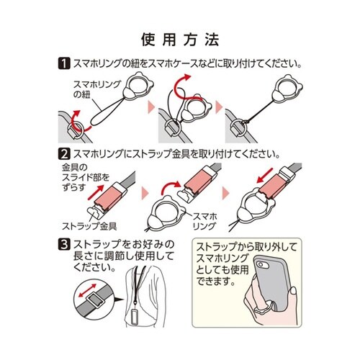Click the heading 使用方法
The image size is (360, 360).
pyautogui.click(x=180, y=40)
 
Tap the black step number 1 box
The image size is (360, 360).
pyautogui.click(x=64, y=63)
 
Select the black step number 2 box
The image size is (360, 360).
pyautogui.click(x=64, y=154)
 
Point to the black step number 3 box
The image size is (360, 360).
pyautogui.click(x=64, y=245)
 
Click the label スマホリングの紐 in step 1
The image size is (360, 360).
pyautogui.click(x=96, y=89)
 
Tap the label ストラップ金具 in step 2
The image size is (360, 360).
pyautogui.click(x=89, y=226)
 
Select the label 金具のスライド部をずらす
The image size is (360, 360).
pyautogui.click(x=86, y=177)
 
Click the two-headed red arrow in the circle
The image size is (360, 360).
pyautogui.click(x=88, y=291)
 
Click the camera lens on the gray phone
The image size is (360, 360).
pyautogui.click(x=261, y=265)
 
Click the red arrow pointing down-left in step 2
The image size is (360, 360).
pyautogui.click(x=265, y=176)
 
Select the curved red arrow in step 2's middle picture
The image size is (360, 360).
pyautogui.click(x=171, y=187)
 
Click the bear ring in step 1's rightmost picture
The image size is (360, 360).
pyautogui.click(x=287, y=89)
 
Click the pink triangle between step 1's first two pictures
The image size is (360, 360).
pyautogui.click(x=151, y=107)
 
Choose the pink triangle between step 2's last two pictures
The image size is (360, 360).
pyautogui.click(x=226, y=193)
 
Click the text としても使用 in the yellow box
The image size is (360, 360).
pyautogui.click(x=222, y=270)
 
